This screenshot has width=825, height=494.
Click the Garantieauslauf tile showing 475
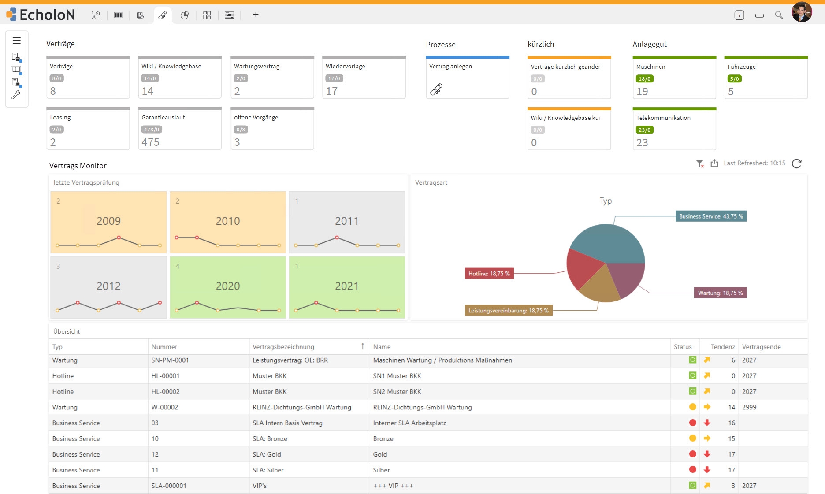coord(180,128)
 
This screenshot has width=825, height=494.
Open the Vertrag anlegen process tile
coord(468,78)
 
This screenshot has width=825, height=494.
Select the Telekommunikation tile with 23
coord(674,129)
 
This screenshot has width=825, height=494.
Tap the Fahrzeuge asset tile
coord(766,78)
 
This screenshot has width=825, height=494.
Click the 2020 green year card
coord(228,287)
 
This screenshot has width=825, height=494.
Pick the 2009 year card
coord(108,222)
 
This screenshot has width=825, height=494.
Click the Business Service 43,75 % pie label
coord(711,216)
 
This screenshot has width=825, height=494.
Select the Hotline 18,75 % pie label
coord(489,274)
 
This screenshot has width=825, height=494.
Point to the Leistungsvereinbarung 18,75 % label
coord(509,311)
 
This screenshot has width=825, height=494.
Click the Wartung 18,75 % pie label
coord(720,293)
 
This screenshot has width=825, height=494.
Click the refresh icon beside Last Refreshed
coord(797,163)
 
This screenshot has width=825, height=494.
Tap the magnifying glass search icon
coord(779,15)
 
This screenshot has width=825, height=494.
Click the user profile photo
coord(802,12)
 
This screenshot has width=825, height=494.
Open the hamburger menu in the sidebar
coord(17,41)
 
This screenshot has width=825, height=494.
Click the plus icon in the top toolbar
coord(256,15)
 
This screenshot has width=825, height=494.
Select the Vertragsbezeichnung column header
coord(283,347)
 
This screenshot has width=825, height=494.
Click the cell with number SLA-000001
coord(169,486)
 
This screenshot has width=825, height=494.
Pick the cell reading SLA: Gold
coord(267,454)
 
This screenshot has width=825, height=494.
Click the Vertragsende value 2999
coord(749,407)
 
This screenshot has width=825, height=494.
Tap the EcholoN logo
coord(41,15)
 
